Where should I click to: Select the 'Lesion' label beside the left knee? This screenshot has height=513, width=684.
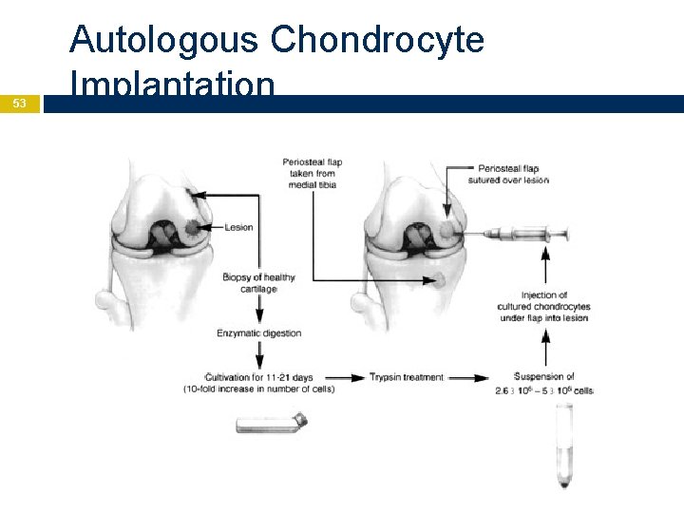[238, 227]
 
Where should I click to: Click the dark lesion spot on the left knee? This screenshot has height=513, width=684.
[194, 228]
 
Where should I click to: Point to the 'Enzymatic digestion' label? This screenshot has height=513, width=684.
[259, 333]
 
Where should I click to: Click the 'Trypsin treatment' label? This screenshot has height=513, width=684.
[407, 377]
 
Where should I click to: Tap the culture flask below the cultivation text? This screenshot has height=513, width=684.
[271, 424]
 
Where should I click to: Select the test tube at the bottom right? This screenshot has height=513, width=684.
[565, 446]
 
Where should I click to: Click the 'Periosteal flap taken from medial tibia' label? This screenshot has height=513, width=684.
[312, 173]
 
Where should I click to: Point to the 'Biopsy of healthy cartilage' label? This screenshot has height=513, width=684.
[258, 283]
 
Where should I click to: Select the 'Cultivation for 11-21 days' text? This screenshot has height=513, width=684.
[258, 377]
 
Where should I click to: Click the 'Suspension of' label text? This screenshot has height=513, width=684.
[543, 376]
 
